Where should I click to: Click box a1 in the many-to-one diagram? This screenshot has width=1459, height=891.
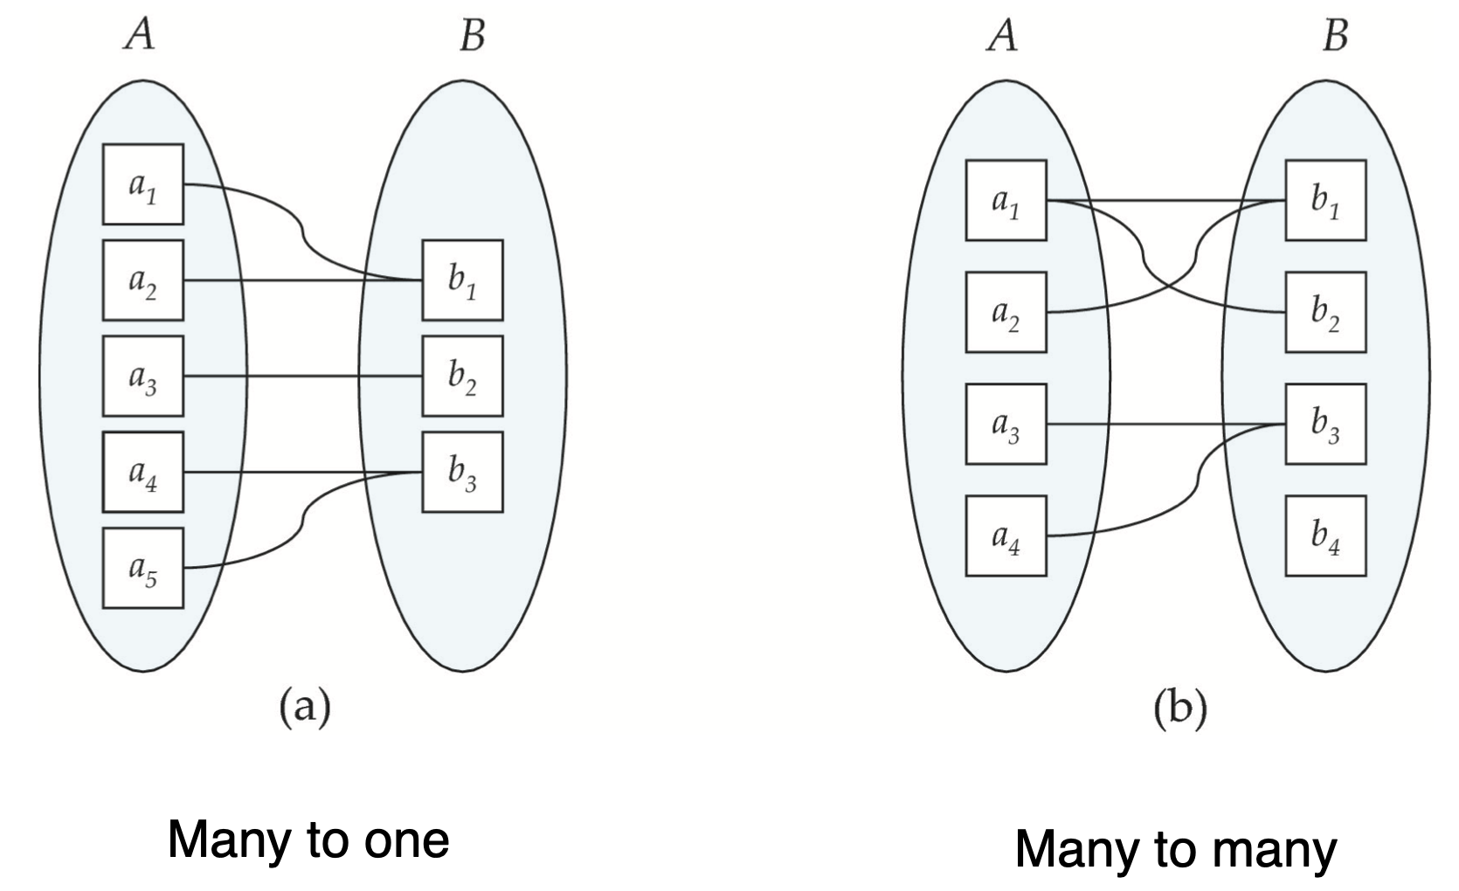(142, 184)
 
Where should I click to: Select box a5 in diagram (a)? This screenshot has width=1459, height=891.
(142, 568)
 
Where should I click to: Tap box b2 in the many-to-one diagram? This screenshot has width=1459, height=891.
(462, 376)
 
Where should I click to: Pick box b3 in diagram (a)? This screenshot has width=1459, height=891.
(462, 472)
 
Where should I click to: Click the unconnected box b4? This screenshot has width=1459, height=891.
(1325, 535)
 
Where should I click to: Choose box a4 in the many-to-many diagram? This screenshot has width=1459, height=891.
(1006, 535)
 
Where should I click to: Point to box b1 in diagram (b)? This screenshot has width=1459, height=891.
(1325, 200)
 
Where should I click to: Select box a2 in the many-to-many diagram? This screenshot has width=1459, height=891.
(1006, 312)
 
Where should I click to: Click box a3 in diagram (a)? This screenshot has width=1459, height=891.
(142, 376)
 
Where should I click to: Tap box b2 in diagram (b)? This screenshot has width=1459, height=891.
(1325, 312)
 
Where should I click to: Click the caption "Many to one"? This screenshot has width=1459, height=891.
(308, 839)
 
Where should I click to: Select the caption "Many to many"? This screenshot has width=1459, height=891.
(1175, 848)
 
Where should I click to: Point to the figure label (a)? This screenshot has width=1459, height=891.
(304, 707)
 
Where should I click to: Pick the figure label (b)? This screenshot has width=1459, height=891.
(1180, 708)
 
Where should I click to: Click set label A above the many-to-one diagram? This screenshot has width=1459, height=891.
(139, 35)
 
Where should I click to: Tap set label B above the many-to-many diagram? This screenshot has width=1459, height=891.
(1335, 35)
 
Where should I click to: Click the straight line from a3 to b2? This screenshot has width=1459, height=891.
(302, 376)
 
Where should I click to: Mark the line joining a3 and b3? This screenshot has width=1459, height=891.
(1162, 425)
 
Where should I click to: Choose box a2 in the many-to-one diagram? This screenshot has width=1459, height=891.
(142, 280)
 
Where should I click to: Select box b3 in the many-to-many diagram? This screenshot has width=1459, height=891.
(1325, 424)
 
